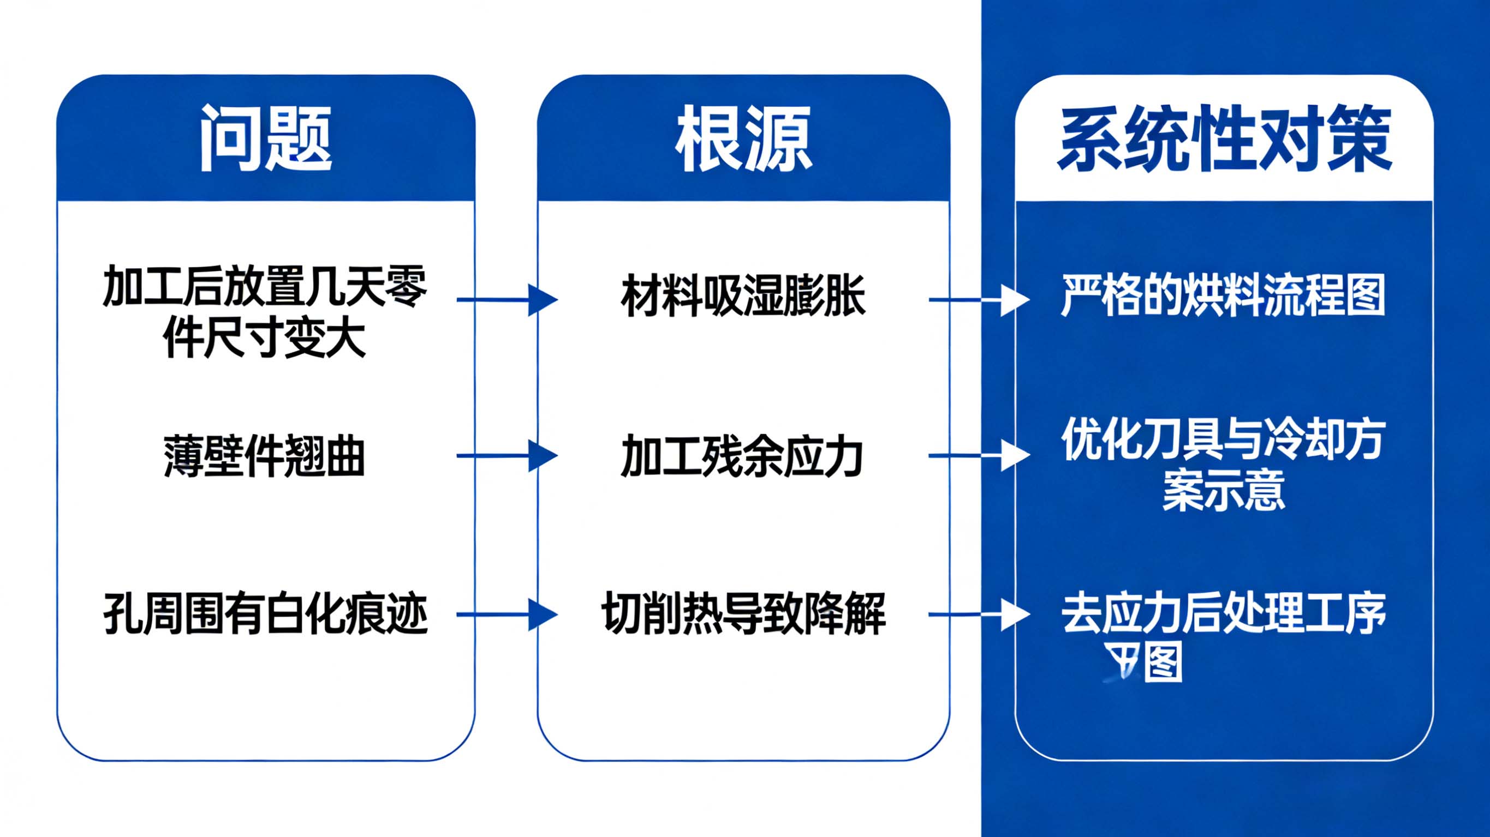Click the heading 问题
(x=265, y=139)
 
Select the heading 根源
(x=743, y=139)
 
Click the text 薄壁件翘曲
(x=264, y=456)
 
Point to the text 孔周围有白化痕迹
(x=265, y=614)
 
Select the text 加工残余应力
(x=742, y=456)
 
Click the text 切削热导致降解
(x=743, y=614)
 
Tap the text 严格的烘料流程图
(x=1223, y=296)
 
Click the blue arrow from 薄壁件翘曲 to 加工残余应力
(x=506, y=456)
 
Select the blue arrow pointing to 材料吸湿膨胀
(x=506, y=300)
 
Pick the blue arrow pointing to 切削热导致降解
(x=506, y=615)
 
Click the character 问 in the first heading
(x=232, y=139)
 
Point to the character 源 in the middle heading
(x=778, y=139)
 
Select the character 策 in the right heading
(x=1359, y=139)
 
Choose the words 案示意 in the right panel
(x=1223, y=490)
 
